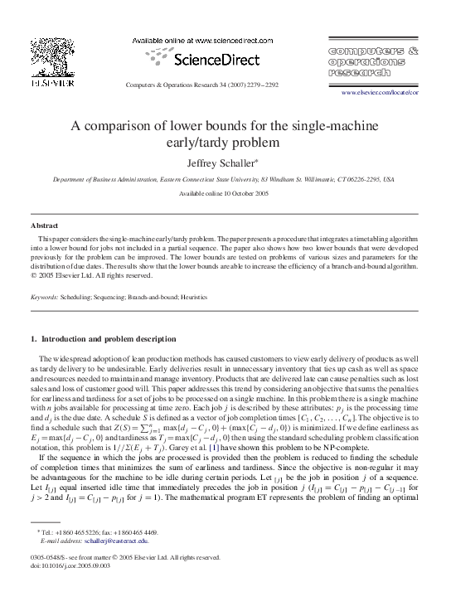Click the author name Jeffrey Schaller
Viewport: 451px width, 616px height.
tap(224, 164)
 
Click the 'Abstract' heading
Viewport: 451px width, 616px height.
tap(44, 226)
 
